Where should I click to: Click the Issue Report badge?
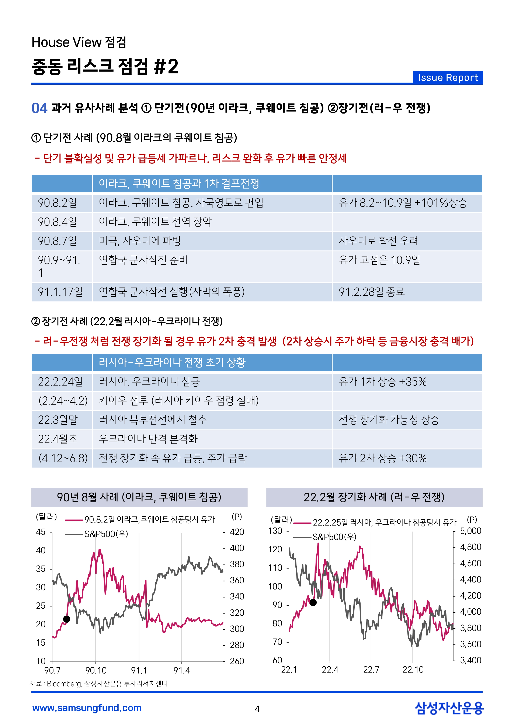(448, 78)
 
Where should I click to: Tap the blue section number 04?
(39, 108)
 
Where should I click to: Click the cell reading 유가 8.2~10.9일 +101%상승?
(403, 203)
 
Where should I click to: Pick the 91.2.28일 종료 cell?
(372, 292)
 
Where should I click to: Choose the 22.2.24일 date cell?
(60, 382)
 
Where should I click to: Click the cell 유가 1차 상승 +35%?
(383, 382)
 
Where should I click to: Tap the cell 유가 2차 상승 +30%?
(383, 458)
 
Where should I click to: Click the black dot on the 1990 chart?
(67, 619)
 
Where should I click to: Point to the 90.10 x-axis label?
(96, 670)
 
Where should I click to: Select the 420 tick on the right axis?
(237, 532)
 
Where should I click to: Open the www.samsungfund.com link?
(87, 708)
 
